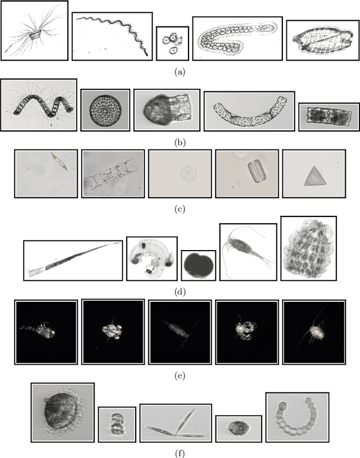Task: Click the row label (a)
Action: tap(179, 71)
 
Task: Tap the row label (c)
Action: tap(179, 210)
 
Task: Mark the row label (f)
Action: tap(179, 450)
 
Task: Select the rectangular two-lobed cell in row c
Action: tap(254, 171)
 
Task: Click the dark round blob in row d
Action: tap(198, 265)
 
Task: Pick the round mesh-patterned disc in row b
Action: tap(105, 109)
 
